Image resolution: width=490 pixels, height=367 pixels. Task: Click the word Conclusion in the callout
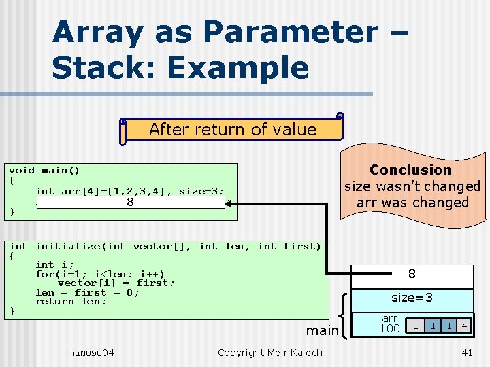coord(410,170)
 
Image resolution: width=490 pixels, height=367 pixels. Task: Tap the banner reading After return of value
coord(232,130)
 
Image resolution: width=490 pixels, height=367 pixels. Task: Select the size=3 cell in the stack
coord(412,298)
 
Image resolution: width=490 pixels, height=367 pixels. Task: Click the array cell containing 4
coord(463,326)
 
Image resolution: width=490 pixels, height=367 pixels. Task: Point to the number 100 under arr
coord(389,329)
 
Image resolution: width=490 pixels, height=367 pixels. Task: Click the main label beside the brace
coord(322,330)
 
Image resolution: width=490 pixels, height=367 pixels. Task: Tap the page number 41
coord(467,352)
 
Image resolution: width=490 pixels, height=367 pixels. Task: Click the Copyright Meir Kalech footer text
coord(269,352)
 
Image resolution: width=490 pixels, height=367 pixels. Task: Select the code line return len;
coord(71,302)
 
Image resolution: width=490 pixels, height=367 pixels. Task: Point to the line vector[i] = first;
coord(116,283)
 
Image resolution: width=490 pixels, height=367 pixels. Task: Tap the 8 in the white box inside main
coord(130,202)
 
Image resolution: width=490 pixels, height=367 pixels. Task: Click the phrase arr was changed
coord(412,203)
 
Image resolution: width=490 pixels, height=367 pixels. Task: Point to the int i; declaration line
coord(54,264)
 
